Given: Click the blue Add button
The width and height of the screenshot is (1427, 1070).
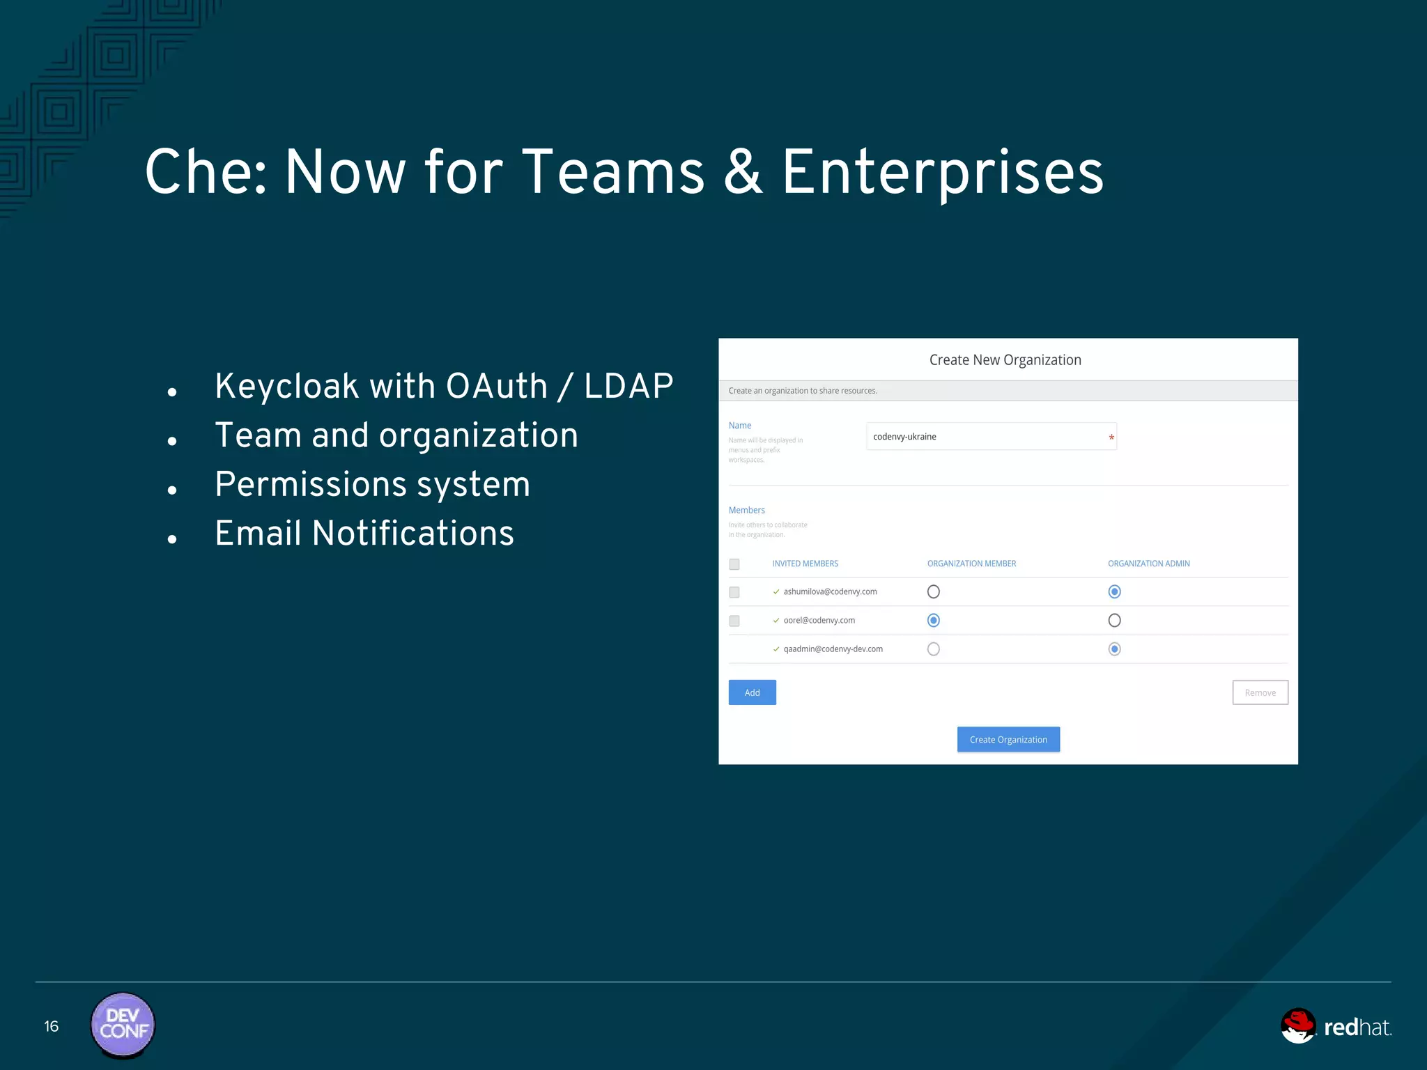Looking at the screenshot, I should pyautogui.click(x=752, y=692).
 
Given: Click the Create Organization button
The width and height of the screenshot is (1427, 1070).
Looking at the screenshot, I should pyautogui.click(x=1008, y=740).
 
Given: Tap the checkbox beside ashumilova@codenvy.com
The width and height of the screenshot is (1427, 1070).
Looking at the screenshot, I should pyautogui.click(x=734, y=592).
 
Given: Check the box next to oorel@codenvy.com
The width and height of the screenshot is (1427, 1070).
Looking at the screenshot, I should pyautogui.click(x=734, y=621).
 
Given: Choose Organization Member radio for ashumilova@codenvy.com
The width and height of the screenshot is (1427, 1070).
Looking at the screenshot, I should pyautogui.click(x=934, y=591).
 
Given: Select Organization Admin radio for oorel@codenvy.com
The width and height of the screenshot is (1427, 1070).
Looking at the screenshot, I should pyautogui.click(x=1114, y=620).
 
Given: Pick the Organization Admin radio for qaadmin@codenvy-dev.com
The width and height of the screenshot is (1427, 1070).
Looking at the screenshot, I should pyautogui.click(x=1114, y=649).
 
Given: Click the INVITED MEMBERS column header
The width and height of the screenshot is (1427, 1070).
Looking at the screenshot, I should pyautogui.click(x=805, y=564).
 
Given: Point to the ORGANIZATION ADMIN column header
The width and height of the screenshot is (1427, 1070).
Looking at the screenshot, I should pyautogui.click(x=1148, y=564).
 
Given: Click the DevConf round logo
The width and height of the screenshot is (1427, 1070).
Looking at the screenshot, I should pyautogui.click(x=123, y=1025).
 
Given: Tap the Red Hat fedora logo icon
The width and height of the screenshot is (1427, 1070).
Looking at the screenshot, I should pyautogui.click(x=1299, y=1025).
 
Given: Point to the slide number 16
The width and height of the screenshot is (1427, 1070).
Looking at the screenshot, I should pyautogui.click(x=52, y=1026).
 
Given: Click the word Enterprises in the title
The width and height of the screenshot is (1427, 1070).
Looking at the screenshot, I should pyautogui.click(x=942, y=173).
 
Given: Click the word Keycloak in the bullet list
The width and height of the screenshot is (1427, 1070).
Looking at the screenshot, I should pyautogui.click(x=286, y=386).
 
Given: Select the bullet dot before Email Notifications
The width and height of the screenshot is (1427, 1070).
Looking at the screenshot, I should pyautogui.click(x=172, y=539).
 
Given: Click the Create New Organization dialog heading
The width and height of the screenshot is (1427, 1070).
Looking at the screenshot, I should pyautogui.click(x=1005, y=360).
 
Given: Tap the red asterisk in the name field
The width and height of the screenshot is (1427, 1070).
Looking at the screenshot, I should pyautogui.click(x=1111, y=437).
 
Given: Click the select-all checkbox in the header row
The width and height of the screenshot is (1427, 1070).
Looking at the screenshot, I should pyautogui.click(x=734, y=564).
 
